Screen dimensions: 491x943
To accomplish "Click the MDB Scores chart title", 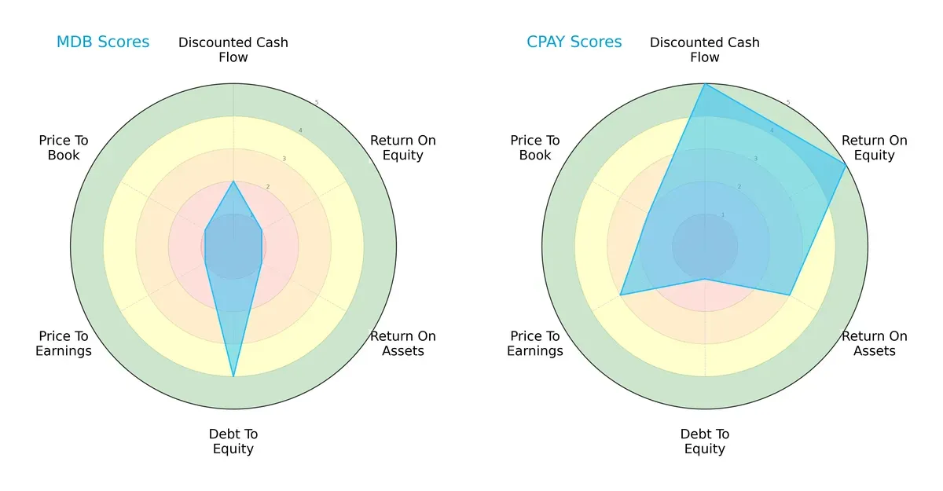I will click(103, 42).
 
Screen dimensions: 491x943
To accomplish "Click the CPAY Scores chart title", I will click(574, 42).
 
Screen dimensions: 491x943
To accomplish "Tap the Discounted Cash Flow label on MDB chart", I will click(233, 49).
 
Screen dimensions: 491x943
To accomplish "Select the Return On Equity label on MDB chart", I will click(403, 148).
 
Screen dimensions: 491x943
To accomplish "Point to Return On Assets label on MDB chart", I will click(403, 343).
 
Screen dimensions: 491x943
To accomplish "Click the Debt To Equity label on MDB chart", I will click(233, 442).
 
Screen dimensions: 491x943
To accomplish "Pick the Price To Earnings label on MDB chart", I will click(64, 343).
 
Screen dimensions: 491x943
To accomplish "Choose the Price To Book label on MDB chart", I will click(64, 148).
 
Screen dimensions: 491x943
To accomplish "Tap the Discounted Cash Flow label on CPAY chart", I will click(705, 49).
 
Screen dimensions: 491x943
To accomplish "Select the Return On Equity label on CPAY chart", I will click(875, 148).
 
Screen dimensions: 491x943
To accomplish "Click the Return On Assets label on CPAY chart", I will click(875, 343).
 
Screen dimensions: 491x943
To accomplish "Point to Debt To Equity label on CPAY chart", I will click(705, 442).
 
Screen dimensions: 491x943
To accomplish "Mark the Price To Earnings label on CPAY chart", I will click(535, 343).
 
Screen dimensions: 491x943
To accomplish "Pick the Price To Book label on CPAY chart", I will click(535, 148).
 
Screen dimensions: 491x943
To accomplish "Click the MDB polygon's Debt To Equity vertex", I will click(233, 376).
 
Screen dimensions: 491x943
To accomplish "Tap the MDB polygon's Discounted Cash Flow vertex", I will click(233, 181).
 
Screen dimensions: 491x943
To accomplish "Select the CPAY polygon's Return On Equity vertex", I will click(846, 165).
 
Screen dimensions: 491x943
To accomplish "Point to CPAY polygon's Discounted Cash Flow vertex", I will click(705, 84).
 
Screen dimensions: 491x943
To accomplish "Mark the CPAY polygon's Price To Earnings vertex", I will click(621, 295).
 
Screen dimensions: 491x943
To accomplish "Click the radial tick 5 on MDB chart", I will click(317, 103).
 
